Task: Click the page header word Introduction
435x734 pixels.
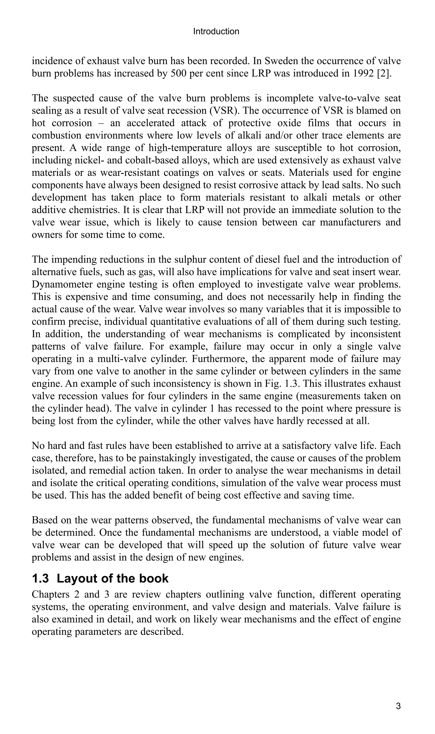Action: (216, 31)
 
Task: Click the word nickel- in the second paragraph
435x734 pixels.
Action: (88, 160)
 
